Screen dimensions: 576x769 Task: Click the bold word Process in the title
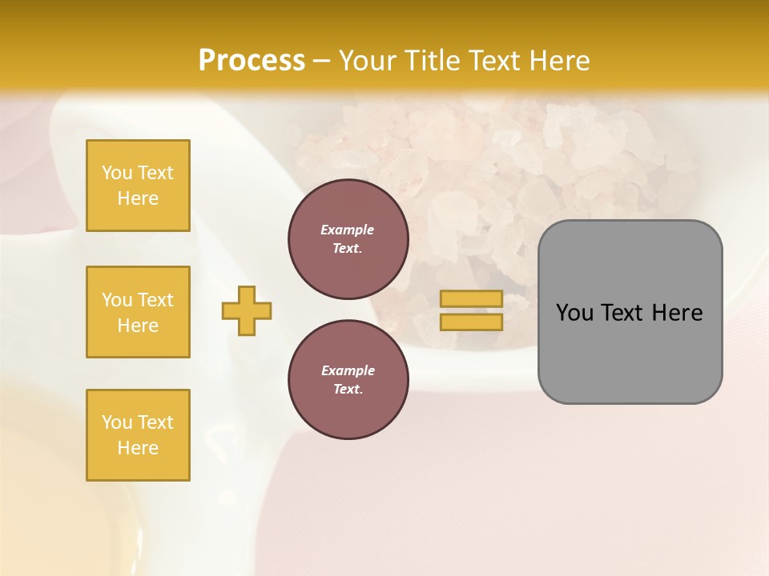252,60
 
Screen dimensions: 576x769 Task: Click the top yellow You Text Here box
138,186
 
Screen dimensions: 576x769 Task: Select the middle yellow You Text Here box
138,312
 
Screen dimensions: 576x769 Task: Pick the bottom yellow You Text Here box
138,435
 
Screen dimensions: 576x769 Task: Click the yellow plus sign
247,310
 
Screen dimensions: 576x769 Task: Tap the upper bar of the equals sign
471,299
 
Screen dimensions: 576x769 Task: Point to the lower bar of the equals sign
471,322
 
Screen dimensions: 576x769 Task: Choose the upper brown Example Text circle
348,239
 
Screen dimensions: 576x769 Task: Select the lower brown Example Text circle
348,380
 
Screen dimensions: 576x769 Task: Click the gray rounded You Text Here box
630,312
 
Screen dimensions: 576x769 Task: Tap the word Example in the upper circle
348,230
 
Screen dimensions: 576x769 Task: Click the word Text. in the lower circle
348,390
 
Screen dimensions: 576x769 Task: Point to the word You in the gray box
574,313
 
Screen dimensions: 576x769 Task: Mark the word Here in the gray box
677,313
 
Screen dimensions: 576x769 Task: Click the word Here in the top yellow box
138,198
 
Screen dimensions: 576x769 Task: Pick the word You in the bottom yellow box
117,422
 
